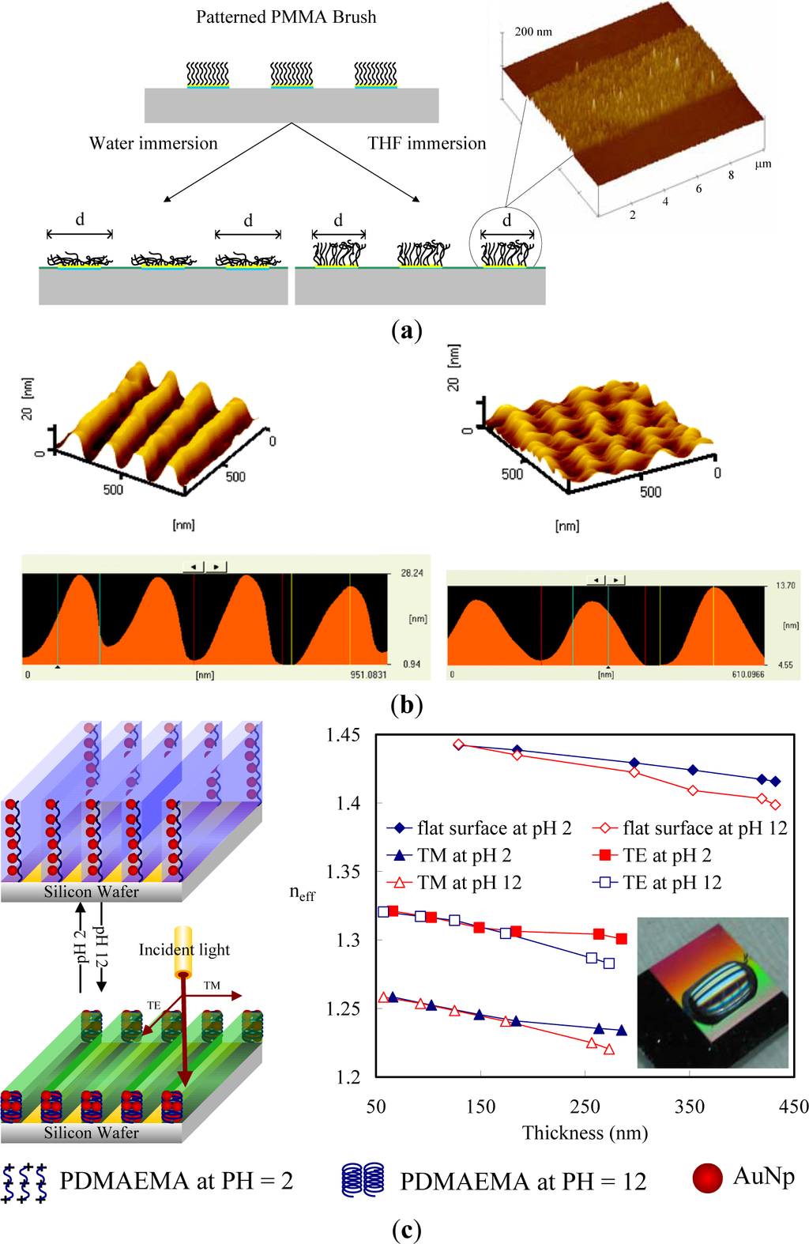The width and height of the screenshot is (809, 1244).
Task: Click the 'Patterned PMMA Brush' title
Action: [286, 17]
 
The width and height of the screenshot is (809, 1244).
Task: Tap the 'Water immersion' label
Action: [153, 143]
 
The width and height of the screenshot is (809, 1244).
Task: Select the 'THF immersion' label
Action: [427, 143]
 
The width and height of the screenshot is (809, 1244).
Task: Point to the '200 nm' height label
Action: [533, 32]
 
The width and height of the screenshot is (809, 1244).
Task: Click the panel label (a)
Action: [406, 330]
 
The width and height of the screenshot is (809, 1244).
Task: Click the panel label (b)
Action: [406, 704]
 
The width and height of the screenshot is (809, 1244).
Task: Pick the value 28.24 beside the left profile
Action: [412, 573]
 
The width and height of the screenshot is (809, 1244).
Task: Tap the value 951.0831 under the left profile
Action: [368, 675]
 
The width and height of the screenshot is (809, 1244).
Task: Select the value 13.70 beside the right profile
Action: [785, 586]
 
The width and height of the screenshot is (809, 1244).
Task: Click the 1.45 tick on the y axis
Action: [343, 735]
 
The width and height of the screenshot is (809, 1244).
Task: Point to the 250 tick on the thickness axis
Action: [585, 1106]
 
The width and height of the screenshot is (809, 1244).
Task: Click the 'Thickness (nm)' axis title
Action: [585, 1133]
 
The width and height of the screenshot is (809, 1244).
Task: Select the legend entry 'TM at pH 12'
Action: [469, 883]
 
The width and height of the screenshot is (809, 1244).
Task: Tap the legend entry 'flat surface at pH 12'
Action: [705, 828]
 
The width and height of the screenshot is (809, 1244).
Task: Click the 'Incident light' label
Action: [184, 949]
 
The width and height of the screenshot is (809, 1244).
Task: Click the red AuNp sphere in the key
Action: [708, 1178]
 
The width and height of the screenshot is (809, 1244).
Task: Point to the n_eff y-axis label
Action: [302, 893]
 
